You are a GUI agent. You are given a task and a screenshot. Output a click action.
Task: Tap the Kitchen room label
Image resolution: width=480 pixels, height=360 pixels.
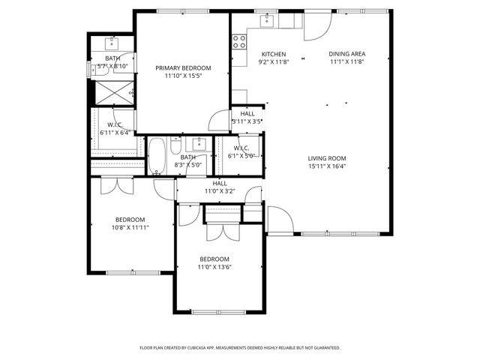tap(273, 55)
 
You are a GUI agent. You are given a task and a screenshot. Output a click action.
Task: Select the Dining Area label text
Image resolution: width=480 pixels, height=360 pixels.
tap(346, 54)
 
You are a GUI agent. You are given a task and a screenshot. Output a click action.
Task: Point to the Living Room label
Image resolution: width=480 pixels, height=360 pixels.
tap(326, 158)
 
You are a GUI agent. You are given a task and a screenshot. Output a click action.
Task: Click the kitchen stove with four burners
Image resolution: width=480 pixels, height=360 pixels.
tap(240, 42)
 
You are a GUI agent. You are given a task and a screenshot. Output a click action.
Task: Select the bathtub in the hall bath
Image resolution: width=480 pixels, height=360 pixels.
tap(158, 155)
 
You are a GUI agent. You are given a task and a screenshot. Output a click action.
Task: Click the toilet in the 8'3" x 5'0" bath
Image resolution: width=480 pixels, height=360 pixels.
tap(177, 142)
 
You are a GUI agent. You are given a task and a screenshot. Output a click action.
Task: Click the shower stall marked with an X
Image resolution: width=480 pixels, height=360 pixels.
tap(112, 94)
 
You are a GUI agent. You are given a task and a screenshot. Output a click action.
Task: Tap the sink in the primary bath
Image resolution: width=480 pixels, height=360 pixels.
tap(112, 40)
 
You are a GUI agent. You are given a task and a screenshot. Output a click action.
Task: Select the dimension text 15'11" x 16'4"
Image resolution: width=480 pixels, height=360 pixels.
tap(326, 166)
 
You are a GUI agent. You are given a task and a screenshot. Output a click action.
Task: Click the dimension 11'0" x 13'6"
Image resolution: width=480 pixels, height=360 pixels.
tap(214, 267)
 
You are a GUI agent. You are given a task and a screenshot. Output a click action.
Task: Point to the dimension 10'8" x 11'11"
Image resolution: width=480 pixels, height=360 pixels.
tap(130, 227)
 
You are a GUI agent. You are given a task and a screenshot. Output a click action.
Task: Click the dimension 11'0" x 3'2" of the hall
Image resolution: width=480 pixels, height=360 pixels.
tap(220, 191)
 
